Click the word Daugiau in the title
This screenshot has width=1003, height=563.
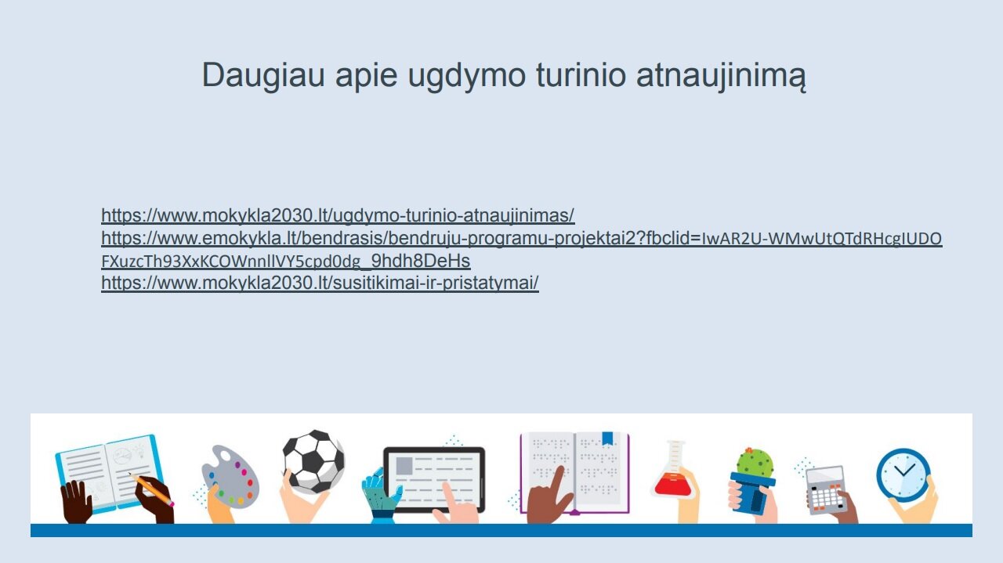[x=263, y=76]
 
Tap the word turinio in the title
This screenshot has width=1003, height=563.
[x=581, y=74]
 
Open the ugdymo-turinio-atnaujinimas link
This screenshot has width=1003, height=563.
[x=338, y=215]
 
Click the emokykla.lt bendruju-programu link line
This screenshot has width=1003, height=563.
[x=522, y=239]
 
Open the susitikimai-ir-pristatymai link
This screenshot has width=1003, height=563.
[x=320, y=283]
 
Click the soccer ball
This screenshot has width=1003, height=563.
[x=314, y=461]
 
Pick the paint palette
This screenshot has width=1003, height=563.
[x=230, y=477]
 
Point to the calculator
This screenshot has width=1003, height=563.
[x=827, y=490]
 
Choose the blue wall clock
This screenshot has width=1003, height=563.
[x=903, y=475]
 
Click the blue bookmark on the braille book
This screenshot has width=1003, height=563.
[x=607, y=438]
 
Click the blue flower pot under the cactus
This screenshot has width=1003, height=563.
[x=753, y=493]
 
